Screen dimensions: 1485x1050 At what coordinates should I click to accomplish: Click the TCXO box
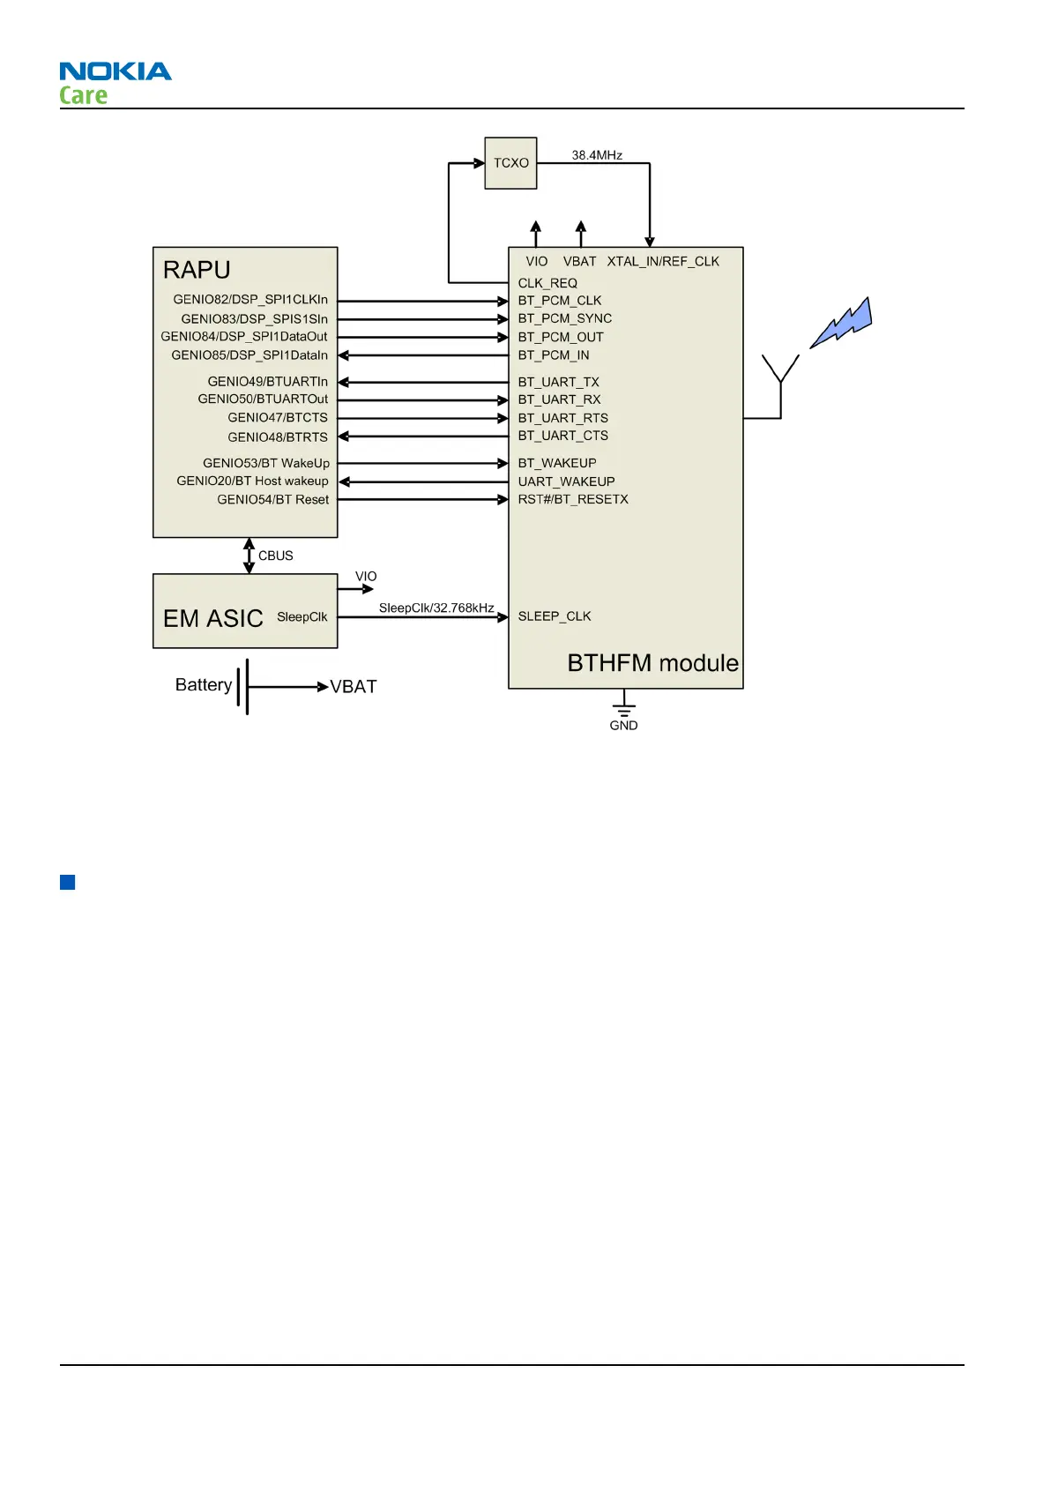point(510,163)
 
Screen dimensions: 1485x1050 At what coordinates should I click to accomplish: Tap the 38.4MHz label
point(597,155)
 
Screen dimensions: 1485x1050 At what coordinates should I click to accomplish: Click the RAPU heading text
point(197,270)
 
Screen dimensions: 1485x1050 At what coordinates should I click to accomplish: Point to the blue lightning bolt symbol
point(842,323)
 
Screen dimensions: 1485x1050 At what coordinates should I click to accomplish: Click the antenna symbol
point(780,379)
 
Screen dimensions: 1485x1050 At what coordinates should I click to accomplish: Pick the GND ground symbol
point(623,711)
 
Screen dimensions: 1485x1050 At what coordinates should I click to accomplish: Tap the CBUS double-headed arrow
point(249,556)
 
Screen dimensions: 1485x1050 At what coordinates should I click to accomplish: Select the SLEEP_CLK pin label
point(555,616)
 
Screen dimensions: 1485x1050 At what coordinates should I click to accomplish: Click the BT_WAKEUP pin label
point(557,463)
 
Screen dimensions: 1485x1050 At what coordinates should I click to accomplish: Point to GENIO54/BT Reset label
point(273,500)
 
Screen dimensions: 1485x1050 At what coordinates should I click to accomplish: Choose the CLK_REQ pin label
point(547,283)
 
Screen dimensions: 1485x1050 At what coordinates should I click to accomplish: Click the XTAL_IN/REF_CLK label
point(663,262)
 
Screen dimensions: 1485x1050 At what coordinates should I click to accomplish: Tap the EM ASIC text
point(213,618)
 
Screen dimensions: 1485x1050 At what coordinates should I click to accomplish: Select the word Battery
point(204,685)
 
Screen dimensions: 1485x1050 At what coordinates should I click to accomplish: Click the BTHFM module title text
point(652,663)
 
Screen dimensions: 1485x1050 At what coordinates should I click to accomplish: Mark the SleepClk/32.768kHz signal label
point(436,608)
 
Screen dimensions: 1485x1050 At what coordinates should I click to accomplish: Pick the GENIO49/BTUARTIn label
point(268,382)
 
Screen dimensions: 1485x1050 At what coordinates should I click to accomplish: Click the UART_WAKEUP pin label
point(566,481)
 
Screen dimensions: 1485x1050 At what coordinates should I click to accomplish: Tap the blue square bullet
point(67,882)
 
